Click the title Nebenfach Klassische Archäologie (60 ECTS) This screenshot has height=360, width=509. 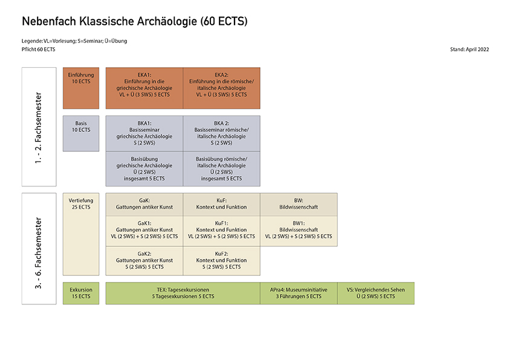[x=134, y=22]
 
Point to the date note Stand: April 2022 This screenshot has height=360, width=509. [x=470, y=49]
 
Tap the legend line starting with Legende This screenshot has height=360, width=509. [x=74, y=41]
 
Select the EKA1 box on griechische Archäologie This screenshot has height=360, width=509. [x=144, y=88]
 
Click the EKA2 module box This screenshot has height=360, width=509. [x=221, y=88]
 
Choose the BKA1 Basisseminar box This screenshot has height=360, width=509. [x=144, y=133]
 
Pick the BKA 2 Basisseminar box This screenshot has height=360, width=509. [x=221, y=133]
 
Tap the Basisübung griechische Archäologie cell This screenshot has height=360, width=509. [x=144, y=168]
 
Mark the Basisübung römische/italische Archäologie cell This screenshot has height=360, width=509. [x=221, y=168]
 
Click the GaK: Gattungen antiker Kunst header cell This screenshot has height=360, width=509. [x=144, y=204]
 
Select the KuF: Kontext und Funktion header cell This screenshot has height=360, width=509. [x=221, y=204]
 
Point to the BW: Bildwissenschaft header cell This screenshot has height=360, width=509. [x=299, y=204]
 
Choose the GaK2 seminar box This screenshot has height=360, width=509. [x=144, y=261]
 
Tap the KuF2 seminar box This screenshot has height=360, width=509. [x=221, y=261]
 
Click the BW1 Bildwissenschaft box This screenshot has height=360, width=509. [x=299, y=231]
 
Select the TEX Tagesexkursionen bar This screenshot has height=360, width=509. [x=183, y=293]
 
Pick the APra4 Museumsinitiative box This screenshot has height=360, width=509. [x=299, y=293]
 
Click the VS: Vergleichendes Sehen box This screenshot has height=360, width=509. [x=375, y=293]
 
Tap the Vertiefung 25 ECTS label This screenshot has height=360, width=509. [x=80, y=203]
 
